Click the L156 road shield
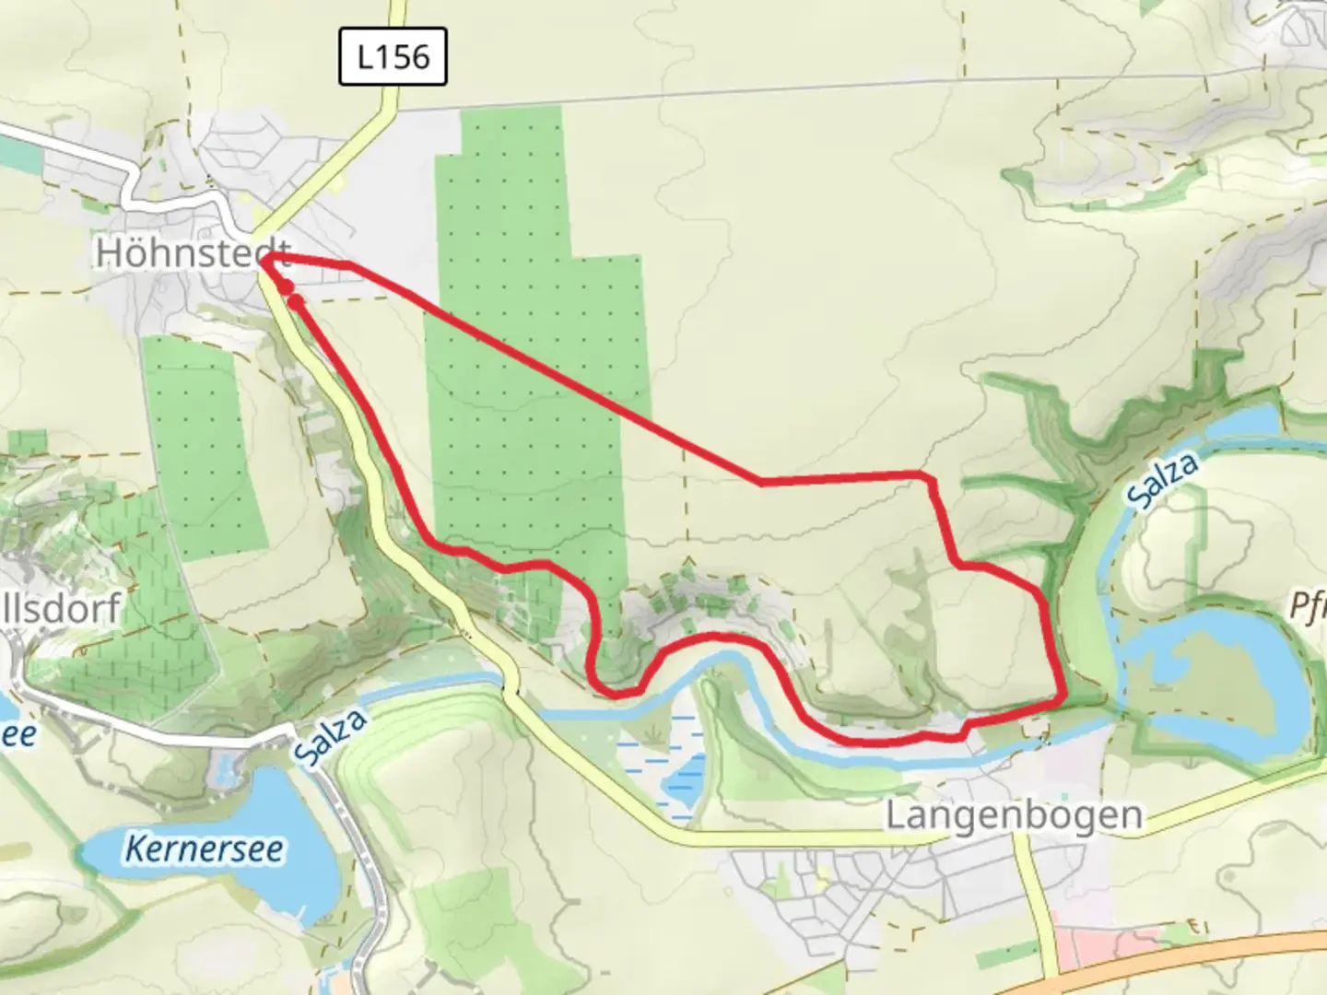[x=393, y=57]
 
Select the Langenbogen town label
[x=1014, y=815]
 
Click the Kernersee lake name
[x=204, y=849]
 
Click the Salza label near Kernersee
[x=330, y=737]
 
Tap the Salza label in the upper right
[x=1163, y=479]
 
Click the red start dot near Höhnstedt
[x=287, y=288]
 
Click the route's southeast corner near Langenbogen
[x=1063, y=697]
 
